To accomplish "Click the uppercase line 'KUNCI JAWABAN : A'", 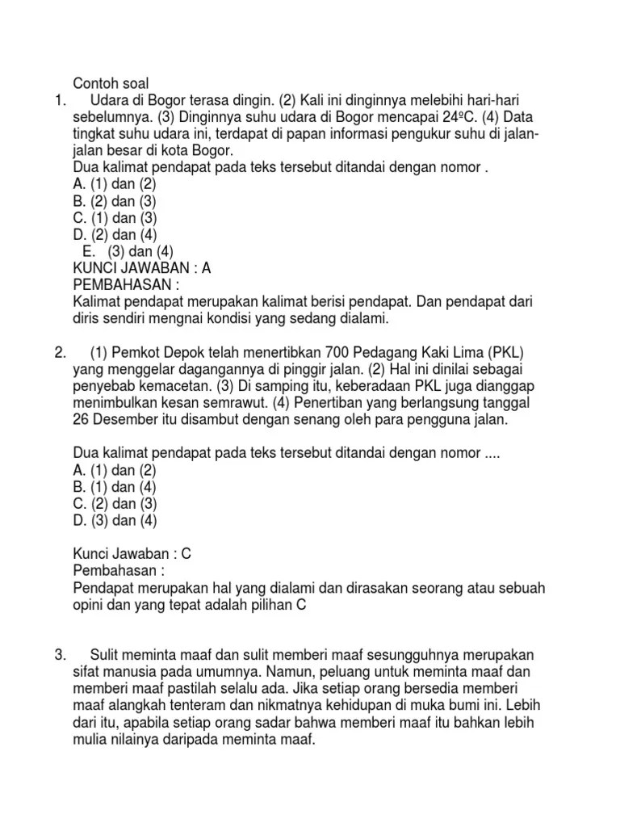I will coord(142,268).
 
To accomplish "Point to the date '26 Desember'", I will coord(119,420).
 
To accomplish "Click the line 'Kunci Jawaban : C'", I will coord(131,554).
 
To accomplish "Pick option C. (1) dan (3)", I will coord(115,217).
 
